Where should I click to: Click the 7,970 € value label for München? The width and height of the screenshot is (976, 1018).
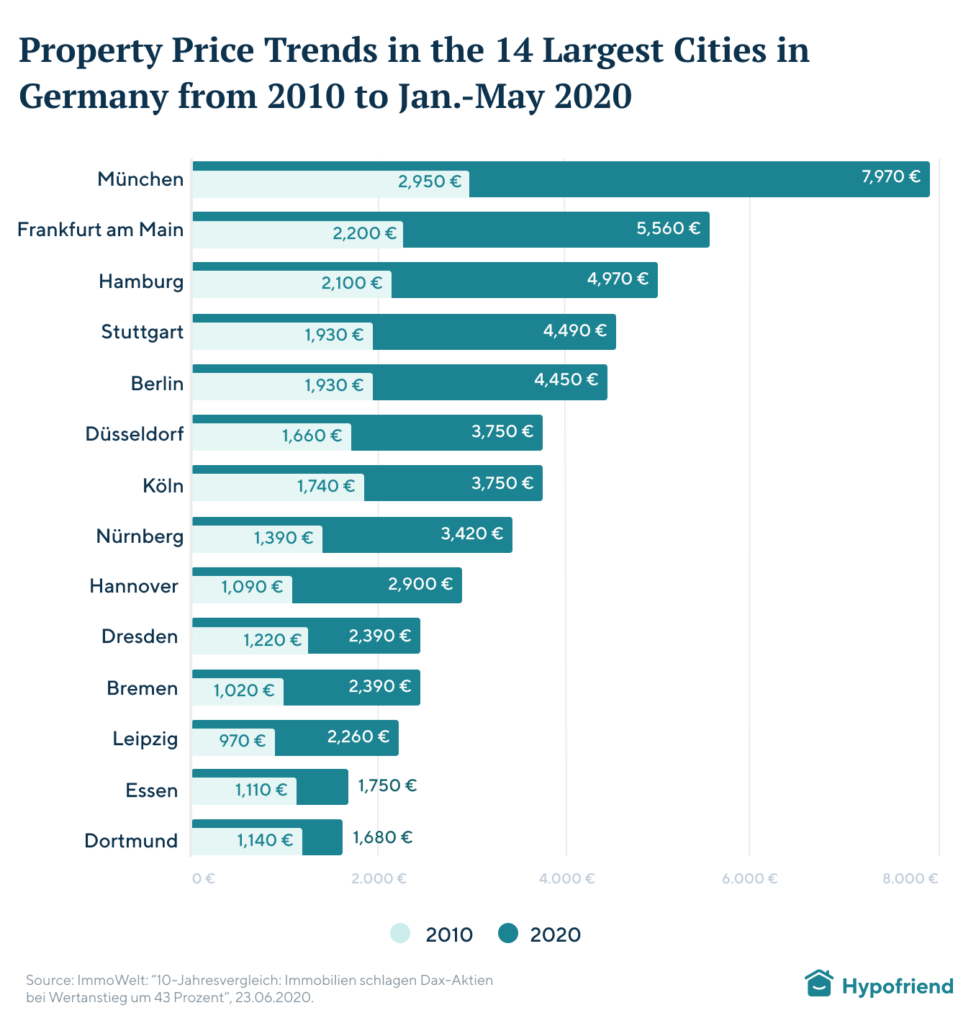(x=891, y=176)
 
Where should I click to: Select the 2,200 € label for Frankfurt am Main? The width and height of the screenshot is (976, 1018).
(x=364, y=233)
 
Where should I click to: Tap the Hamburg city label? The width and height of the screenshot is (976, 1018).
(x=141, y=281)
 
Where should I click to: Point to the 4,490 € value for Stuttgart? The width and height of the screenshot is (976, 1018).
(x=574, y=330)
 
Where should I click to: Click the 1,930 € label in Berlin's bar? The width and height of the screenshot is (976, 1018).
(x=334, y=385)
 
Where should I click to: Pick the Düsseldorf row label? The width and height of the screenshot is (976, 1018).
(x=134, y=434)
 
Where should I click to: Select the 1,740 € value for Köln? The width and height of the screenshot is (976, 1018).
(x=326, y=486)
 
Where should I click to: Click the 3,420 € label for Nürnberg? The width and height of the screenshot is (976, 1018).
(x=471, y=533)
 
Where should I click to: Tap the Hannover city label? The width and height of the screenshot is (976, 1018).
(x=134, y=586)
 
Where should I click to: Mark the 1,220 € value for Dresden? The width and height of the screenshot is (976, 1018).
(x=272, y=640)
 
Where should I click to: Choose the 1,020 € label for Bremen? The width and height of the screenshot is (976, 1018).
(x=243, y=690)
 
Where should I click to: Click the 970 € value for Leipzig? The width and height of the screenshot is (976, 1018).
(x=242, y=740)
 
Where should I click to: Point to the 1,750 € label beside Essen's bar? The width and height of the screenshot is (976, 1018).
(x=387, y=785)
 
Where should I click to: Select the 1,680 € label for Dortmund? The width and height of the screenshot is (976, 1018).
(x=382, y=837)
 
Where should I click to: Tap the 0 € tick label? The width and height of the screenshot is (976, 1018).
(x=204, y=878)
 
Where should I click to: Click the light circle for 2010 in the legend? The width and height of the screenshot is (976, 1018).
(x=400, y=934)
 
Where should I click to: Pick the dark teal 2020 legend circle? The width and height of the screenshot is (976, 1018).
(x=508, y=934)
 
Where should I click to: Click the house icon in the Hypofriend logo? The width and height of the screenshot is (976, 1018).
(x=818, y=983)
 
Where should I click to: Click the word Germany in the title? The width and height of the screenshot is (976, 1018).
(x=92, y=96)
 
